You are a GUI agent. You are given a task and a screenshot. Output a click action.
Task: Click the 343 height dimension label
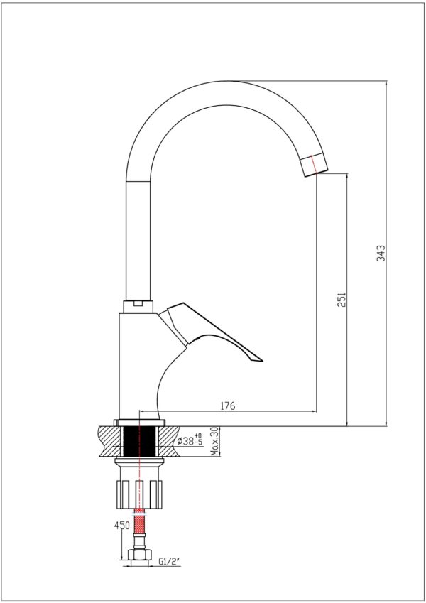[381, 253]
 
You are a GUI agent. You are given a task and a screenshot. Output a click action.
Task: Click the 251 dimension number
[342, 300]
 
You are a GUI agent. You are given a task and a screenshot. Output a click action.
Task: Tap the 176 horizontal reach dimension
[228, 406]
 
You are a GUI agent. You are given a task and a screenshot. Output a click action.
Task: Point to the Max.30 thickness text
[214, 442]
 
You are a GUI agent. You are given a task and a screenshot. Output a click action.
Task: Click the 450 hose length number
[122, 526]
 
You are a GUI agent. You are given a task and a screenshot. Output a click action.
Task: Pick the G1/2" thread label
[169, 562]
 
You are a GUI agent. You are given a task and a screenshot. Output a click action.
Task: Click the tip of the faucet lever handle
[262, 361]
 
